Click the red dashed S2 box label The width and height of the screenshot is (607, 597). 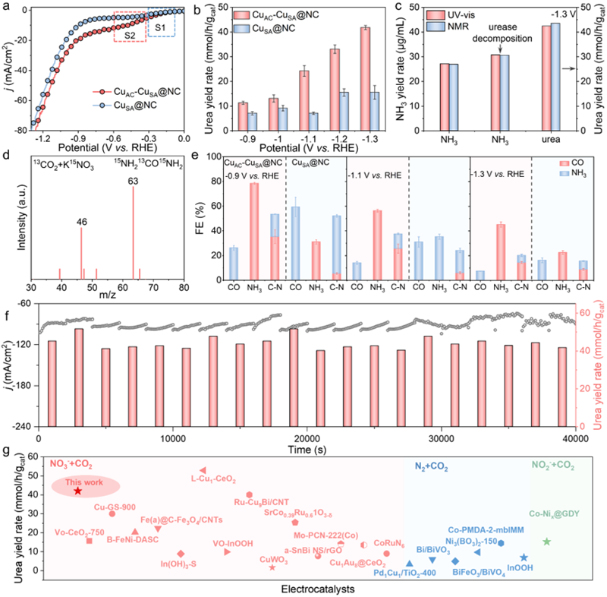point(129,34)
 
